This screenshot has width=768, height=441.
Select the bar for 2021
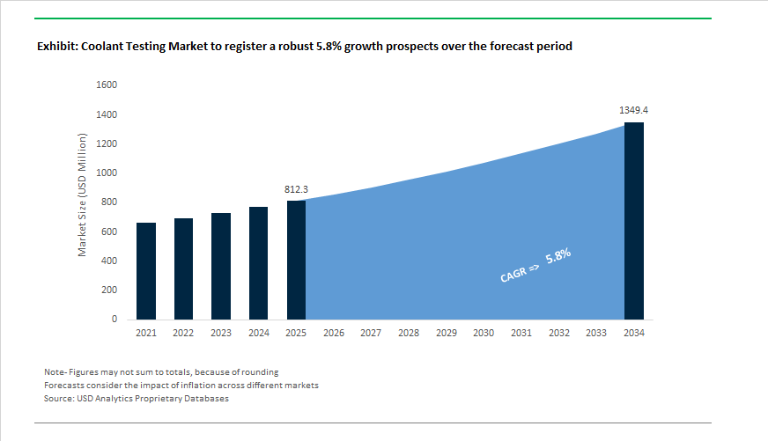[146, 271]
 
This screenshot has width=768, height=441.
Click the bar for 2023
[221, 266]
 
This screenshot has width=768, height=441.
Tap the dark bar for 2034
[634, 221]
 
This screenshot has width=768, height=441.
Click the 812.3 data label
[296, 189]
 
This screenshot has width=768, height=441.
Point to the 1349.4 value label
[634, 111]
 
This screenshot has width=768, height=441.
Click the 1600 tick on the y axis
[107, 85]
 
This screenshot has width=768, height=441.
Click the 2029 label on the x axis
[446, 334]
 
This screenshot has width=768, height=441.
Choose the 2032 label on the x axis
[558, 334]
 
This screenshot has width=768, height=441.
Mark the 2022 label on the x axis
[183, 334]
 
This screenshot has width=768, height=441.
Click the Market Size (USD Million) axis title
[83, 195]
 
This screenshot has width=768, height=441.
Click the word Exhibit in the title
[56, 47]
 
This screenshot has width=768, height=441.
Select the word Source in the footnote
[59, 399]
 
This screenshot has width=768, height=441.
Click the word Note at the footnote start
[55, 372]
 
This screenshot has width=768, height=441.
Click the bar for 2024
[258, 263]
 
